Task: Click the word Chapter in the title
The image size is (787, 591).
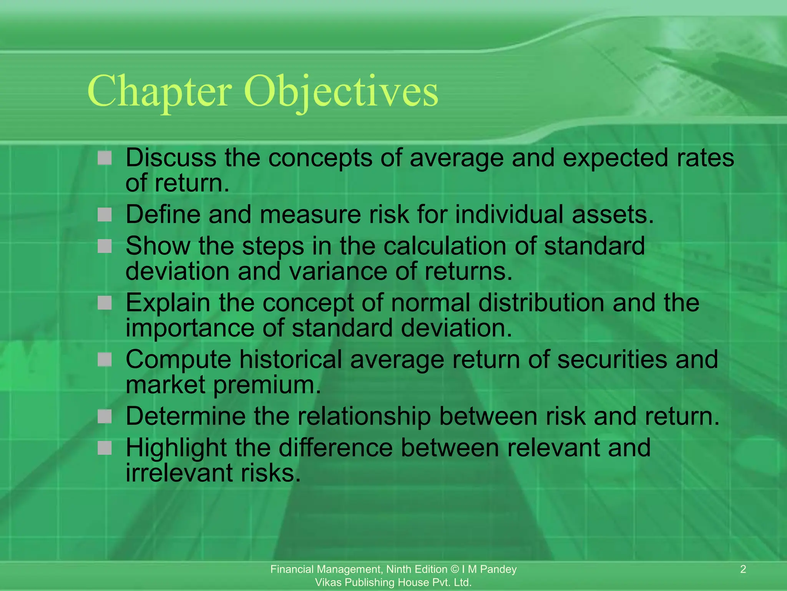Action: [159, 91]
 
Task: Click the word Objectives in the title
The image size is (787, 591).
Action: [340, 91]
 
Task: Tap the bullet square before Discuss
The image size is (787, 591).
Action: [105, 158]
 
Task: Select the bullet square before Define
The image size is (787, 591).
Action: [105, 214]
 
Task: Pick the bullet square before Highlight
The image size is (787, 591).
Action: [105, 447]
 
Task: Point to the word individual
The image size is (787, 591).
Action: [509, 214]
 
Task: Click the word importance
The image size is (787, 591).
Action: [190, 328]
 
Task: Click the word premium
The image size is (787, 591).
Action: [267, 385]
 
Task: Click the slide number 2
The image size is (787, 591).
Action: [743, 569]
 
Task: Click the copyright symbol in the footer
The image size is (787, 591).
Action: [455, 569]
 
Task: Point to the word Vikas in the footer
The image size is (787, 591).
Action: [328, 582]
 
